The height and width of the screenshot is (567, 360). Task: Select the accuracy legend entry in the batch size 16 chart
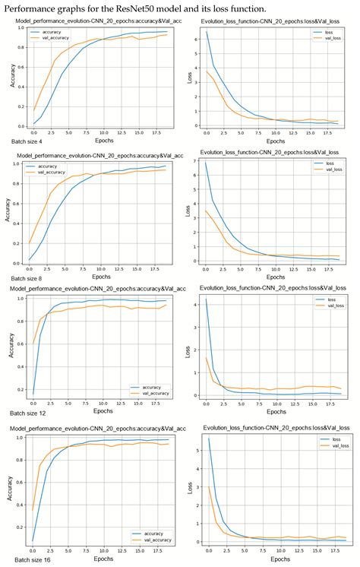click(x=151, y=533)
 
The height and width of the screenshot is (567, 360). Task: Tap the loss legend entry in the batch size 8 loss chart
click(x=329, y=163)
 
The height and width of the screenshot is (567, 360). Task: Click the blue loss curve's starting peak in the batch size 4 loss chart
click(x=207, y=33)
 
